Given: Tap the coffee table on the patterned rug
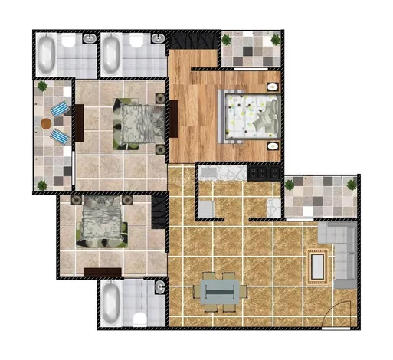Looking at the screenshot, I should (x=317, y=265).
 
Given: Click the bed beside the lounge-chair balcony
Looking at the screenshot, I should (x=137, y=124).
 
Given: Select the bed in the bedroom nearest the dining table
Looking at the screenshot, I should (x=102, y=221).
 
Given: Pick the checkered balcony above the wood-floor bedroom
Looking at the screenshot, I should (x=251, y=49).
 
